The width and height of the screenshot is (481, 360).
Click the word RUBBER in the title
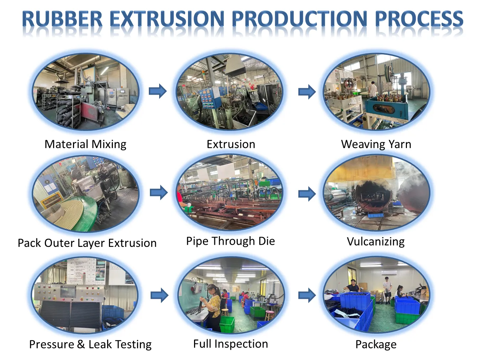pyautogui.click(x=62, y=19)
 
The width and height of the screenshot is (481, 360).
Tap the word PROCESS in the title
pyautogui.click(x=419, y=19)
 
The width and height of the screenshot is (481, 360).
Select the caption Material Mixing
pyautogui.click(x=85, y=145)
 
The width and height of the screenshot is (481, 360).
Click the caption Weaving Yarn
pyautogui.click(x=376, y=145)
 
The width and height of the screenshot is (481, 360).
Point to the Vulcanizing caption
pyautogui.click(x=376, y=242)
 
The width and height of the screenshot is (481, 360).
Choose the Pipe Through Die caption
pyautogui.click(x=230, y=242)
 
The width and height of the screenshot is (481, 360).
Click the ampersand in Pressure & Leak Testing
pyautogui.click(x=81, y=344)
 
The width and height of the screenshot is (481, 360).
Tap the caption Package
pyautogui.click(x=376, y=345)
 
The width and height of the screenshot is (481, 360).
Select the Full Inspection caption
pyautogui.click(x=230, y=344)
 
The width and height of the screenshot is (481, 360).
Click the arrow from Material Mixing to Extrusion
pyautogui.click(x=158, y=91)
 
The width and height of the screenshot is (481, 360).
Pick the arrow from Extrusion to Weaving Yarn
pyautogui.click(x=307, y=91)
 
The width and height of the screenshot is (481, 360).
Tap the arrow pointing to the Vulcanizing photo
pyautogui.click(x=307, y=194)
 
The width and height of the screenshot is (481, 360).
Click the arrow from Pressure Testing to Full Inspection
pyautogui.click(x=159, y=296)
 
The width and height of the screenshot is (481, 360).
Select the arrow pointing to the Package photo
pyautogui.click(x=307, y=296)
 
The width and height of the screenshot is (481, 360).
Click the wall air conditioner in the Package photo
pyautogui.click(x=389, y=273)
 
